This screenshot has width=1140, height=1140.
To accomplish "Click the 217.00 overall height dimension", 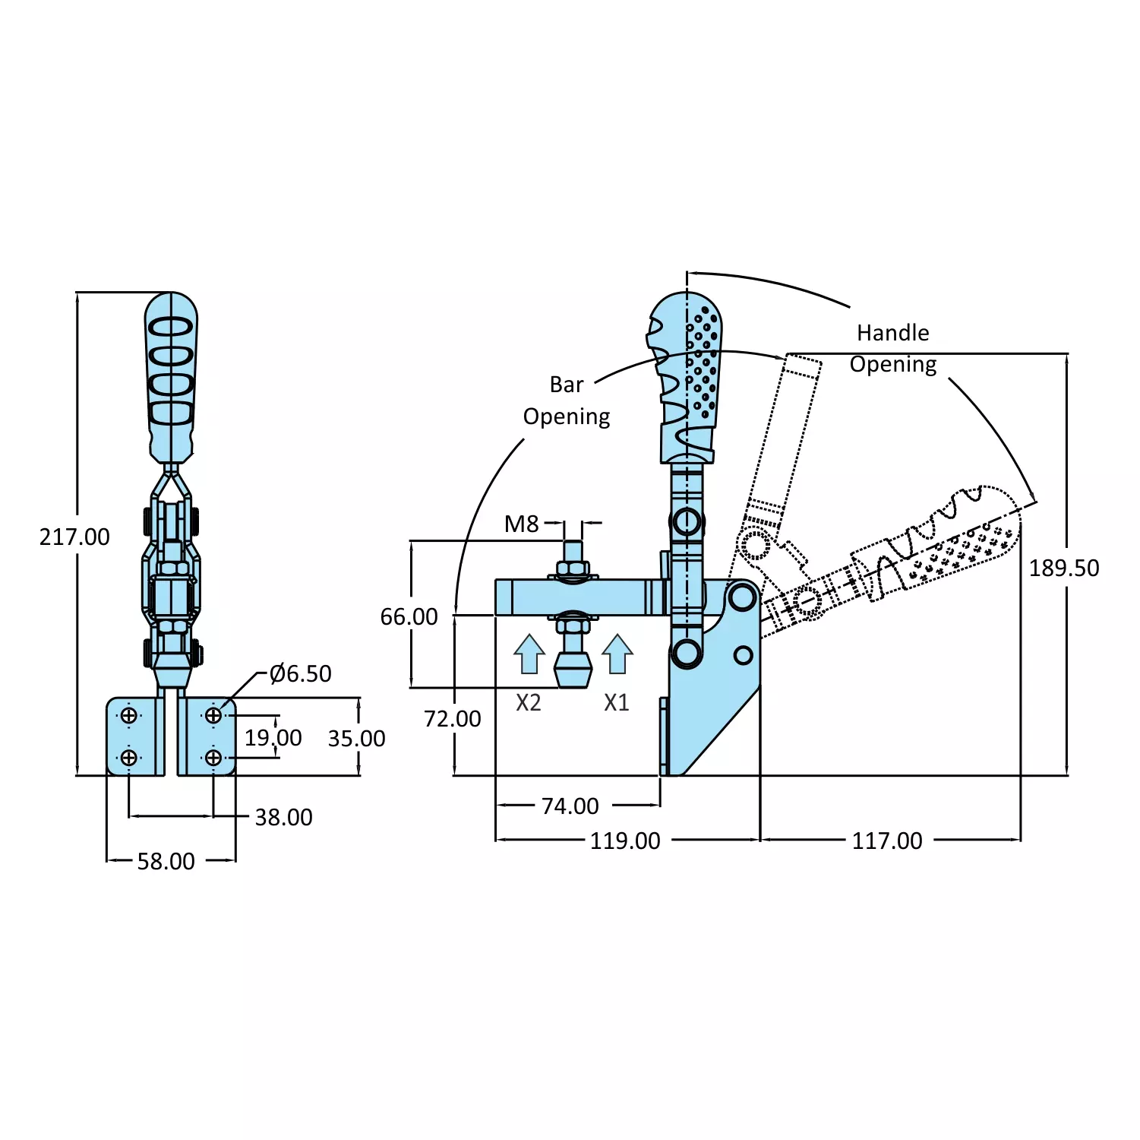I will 74,537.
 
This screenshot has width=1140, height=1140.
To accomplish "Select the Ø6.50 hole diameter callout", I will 301,674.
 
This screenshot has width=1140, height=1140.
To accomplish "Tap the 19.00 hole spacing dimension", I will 273,738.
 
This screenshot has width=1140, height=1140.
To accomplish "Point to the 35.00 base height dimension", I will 356,739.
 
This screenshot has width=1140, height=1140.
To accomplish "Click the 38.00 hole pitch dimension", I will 283,818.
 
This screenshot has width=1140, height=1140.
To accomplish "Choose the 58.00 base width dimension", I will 166,862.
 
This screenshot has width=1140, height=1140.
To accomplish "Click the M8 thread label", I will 521,524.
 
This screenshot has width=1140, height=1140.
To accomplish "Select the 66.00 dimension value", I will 409,617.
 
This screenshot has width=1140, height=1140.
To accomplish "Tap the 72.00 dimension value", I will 452,719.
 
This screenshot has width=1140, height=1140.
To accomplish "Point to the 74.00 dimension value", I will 570,806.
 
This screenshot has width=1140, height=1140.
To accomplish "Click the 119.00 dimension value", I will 625,841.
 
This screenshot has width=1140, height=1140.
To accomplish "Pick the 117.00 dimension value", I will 886,841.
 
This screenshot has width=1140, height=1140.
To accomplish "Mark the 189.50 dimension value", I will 1063,568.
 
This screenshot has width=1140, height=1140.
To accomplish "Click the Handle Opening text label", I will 892,349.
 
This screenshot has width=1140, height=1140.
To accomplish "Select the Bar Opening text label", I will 567,401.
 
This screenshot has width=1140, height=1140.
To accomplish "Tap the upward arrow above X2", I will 529,654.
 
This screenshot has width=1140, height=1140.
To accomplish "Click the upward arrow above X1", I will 617,654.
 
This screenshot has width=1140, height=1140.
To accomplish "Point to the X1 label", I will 617,703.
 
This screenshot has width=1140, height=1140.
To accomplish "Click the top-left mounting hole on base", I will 129,716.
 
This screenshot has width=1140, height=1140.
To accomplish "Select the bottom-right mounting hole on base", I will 213,758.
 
